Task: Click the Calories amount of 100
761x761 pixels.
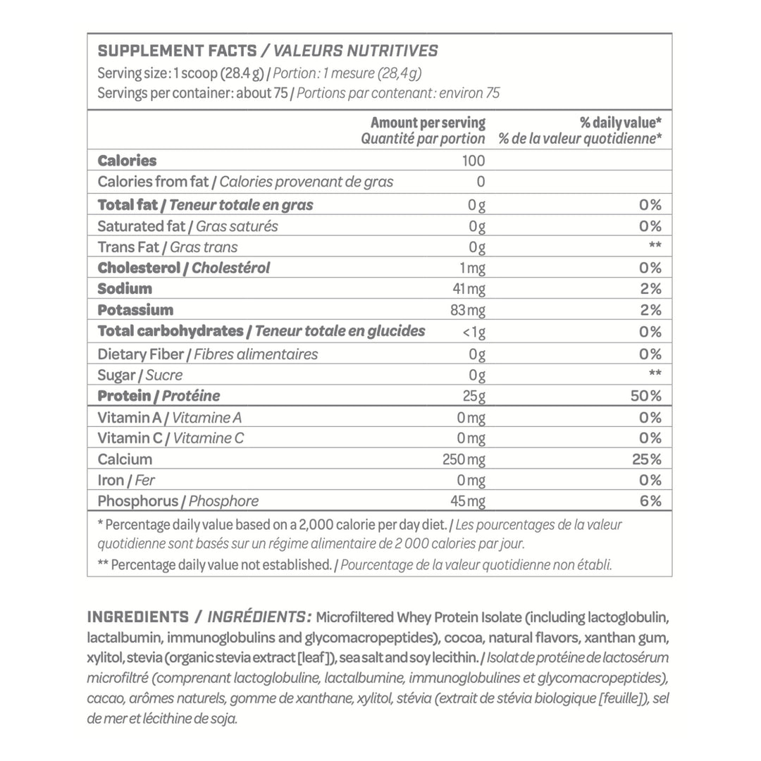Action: [474, 161]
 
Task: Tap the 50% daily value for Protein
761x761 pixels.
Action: [645, 396]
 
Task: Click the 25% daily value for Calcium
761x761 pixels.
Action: [646, 459]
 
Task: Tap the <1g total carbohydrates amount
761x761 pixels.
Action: [474, 332]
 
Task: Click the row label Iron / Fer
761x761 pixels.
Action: [126, 481]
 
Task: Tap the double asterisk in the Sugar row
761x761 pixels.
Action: [655, 375]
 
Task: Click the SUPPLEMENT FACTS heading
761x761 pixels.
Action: [177, 51]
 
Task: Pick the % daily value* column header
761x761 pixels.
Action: [620, 123]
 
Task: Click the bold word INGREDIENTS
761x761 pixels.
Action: [137, 617]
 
